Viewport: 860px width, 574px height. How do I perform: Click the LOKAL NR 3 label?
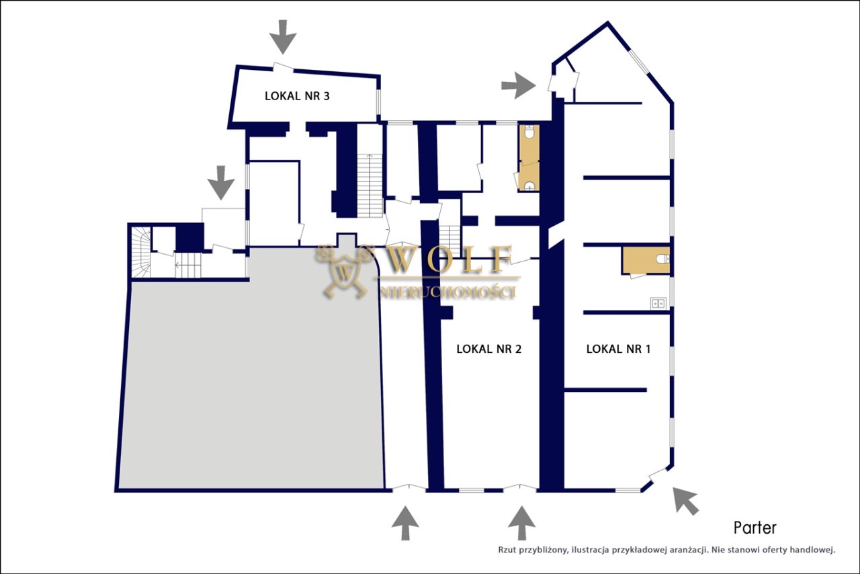coord(297,95)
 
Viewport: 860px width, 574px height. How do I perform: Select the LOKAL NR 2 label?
coord(488,349)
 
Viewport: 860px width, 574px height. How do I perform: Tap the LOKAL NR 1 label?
coord(618,349)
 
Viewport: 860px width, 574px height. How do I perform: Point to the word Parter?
coord(755,528)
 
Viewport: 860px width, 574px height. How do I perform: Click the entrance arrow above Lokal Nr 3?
coord(283,37)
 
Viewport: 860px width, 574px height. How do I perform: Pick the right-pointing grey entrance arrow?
coord(518,85)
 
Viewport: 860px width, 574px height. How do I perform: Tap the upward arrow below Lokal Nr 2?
coord(521,523)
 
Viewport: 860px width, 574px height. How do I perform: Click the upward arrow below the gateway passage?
coord(405,523)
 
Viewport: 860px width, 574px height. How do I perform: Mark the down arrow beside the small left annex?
coord(221,183)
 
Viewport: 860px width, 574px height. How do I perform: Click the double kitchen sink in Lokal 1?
coord(658,303)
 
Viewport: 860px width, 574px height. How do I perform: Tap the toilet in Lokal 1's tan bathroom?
coord(663,259)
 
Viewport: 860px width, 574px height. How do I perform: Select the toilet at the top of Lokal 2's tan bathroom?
coord(529,132)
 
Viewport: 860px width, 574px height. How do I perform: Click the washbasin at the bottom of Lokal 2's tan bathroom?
coord(529,186)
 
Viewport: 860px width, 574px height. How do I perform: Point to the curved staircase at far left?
coord(141,251)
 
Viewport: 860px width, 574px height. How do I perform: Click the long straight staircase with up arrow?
coord(370,186)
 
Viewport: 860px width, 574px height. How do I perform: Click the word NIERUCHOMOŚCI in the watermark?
coord(447,292)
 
